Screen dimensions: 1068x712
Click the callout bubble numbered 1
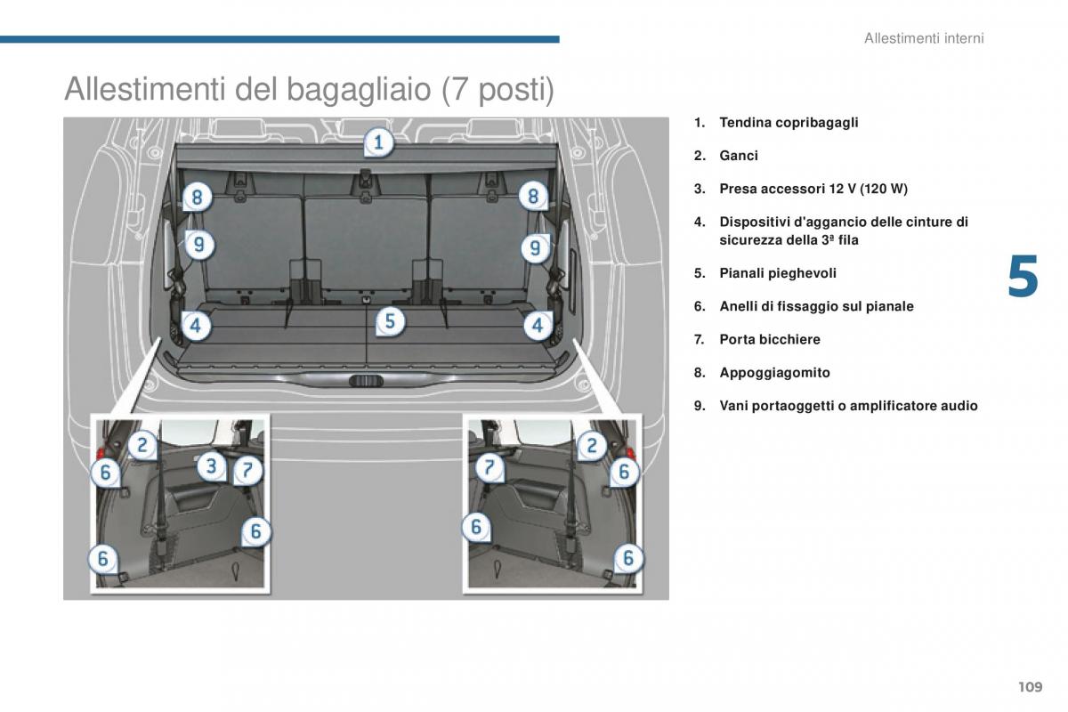click(379, 142)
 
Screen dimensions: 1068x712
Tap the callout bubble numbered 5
click(390, 321)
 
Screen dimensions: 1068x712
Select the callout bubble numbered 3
click(211, 466)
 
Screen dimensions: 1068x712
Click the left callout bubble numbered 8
click(197, 197)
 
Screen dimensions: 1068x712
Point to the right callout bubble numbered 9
click(535, 247)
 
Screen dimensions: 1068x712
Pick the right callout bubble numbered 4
click(538, 326)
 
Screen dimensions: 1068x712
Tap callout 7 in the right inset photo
click(489, 467)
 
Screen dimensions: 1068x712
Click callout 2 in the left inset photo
click(142, 445)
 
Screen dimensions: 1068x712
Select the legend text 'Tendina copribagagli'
click(789, 123)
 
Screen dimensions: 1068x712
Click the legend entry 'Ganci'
click(739, 156)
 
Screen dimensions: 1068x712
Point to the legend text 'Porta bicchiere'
click(770, 340)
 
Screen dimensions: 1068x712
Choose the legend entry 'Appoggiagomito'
click(774, 373)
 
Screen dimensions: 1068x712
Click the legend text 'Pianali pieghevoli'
click(778, 273)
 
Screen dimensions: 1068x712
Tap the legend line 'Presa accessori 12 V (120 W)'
click(813, 189)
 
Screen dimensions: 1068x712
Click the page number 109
click(1031, 687)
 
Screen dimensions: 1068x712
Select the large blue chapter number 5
click(1023, 277)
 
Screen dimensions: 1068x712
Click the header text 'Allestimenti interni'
click(924, 38)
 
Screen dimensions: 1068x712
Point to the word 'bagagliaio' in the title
click(359, 90)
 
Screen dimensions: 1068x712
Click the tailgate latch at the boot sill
click(366, 381)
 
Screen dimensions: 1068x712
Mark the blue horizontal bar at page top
click(279, 39)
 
